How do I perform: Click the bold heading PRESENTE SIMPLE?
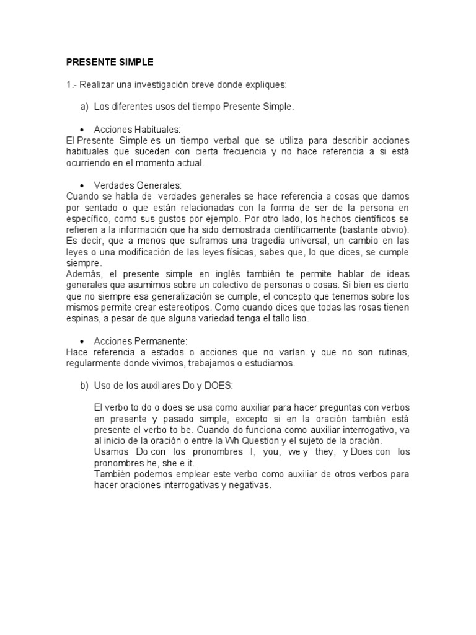pos(110,63)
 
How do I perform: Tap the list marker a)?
pos(84,107)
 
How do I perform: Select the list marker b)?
pos(84,386)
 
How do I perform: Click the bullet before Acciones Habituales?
pos(82,130)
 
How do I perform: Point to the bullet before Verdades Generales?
pos(82,185)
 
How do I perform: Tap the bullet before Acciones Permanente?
pos(82,342)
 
